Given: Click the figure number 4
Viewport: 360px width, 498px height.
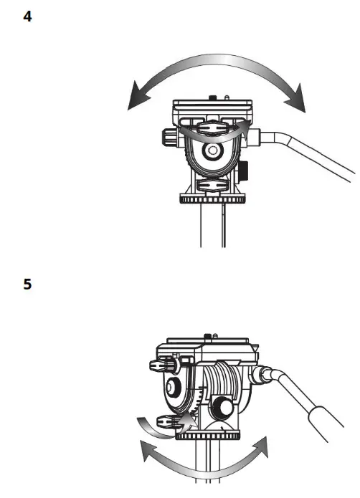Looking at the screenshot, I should pos(27,16).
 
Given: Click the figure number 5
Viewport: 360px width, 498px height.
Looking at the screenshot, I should pos(27,284).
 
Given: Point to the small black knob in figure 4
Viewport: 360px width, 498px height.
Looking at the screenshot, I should pos(245,171).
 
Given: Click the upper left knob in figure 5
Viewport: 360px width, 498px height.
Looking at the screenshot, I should pos(163,365).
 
